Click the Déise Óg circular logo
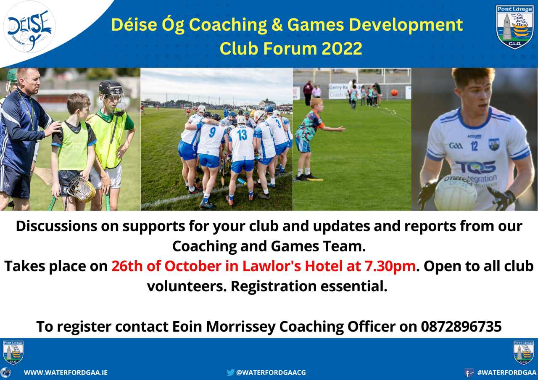pyautogui.click(x=29, y=27)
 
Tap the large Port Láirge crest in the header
pyautogui.click(x=515, y=27)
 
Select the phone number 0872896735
pyautogui.click(x=461, y=327)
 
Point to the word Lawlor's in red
pyautogui.click(x=272, y=266)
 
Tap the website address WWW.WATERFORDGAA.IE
pyautogui.click(x=66, y=372)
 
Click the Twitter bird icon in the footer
pyautogui.click(x=230, y=372)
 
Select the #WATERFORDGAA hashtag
pyautogui.click(x=507, y=372)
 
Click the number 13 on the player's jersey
pyautogui.click(x=243, y=135)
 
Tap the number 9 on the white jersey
pyautogui.click(x=212, y=132)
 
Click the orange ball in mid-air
pyautogui.click(x=394, y=92)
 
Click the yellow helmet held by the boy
pyautogui.click(x=81, y=189)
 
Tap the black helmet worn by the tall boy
pyautogui.click(x=111, y=88)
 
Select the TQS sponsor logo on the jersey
pyautogui.click(x=475, y=167)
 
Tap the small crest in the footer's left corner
pyautogui.click(x=13, y=352)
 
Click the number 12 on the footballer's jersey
pyautogui.click(x=474, y=146)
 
